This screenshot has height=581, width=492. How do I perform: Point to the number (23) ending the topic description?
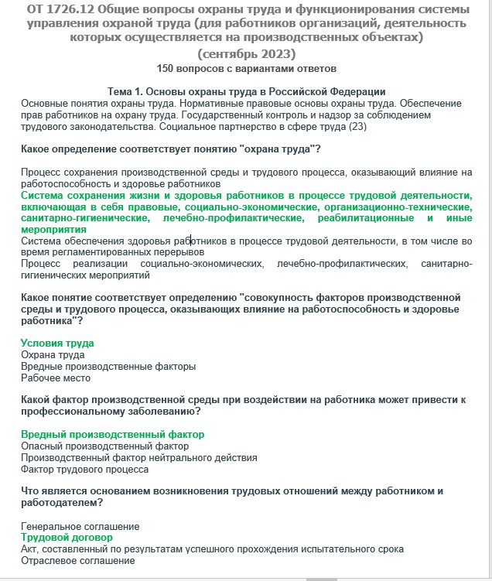(x=358, y=126)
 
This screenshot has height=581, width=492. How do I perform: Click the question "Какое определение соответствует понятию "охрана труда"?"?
(x=171, y=149)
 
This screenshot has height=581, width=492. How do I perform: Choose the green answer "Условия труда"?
(x=57, y=343)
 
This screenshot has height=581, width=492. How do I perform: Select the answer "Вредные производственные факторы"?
(x=108, y=366)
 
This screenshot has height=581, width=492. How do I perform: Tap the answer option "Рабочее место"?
(x=56, y=378)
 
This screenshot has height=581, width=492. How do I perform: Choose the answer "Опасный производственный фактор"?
(x=104, y=446)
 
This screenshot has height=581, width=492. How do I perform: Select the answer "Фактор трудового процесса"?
(x=84, y=469)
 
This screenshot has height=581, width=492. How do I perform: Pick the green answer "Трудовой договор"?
(x=67, y=537)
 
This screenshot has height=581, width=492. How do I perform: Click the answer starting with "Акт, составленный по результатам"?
(x=212, y=549)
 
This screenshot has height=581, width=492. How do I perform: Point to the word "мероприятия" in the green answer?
(x=53, y=229)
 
